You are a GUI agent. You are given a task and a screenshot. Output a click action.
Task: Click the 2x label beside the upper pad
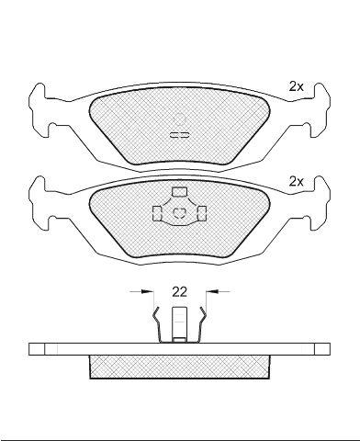point(296,87)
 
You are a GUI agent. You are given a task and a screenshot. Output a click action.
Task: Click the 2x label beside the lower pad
point(296,182)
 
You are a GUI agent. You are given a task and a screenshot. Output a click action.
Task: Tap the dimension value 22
point(179,292)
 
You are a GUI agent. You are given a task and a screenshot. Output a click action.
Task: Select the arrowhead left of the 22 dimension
point(147,292)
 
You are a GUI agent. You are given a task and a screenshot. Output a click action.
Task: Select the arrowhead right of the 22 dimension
point(211,292)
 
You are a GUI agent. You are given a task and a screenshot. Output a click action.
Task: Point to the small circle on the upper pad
point(179,119)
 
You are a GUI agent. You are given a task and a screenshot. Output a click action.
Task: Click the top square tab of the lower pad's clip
point(179,191)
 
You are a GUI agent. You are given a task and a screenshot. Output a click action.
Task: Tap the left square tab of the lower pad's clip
point(157,213)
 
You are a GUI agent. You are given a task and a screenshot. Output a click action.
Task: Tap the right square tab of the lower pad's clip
point(202,213)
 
